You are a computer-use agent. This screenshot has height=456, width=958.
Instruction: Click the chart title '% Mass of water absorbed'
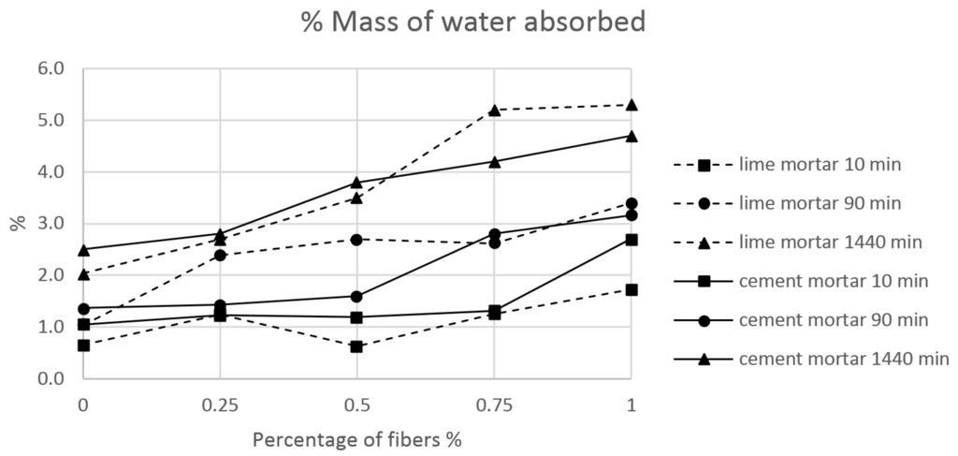[472, 22]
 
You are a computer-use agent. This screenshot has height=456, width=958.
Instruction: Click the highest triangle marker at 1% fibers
[631, 105]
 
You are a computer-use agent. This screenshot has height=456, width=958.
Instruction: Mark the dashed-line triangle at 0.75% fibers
[494, 110]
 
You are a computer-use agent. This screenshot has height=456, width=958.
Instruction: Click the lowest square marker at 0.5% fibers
[356, 346]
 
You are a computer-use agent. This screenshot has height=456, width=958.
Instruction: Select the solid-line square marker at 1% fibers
[631, 240]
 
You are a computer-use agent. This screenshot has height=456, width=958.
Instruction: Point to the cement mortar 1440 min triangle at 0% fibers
[83, 250]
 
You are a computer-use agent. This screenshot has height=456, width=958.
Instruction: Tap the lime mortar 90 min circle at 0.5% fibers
[356, 240]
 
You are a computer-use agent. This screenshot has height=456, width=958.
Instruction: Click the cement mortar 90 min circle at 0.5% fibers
[356, 297]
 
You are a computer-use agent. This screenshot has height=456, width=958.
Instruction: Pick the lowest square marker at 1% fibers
[631, 290]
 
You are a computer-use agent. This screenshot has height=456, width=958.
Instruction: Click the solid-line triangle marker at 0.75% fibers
[494, 162]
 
